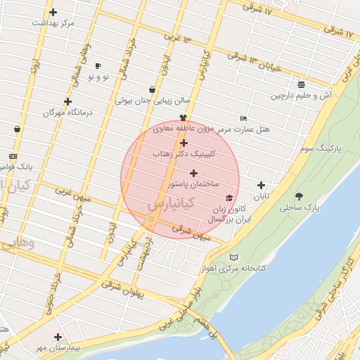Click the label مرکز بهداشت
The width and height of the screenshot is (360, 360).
tap(53, 23)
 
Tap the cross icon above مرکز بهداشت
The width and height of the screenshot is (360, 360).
tap(53, 12)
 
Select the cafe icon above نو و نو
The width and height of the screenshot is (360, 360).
tap(97, 65)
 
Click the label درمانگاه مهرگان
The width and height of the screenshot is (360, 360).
tap(68, 112)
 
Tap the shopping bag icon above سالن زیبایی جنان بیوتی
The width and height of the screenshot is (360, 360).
tap(153, 89)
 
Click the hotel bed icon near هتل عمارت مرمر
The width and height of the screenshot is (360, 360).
tap(243, 118)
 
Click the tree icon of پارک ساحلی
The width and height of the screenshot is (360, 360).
tap(300, 196)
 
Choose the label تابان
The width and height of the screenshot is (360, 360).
tap(262, 196)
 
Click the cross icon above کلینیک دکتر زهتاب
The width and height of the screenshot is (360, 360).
tap(184, 143)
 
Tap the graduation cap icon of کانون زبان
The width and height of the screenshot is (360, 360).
tap(229, 199)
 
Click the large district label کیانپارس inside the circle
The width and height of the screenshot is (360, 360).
tap(169, 205)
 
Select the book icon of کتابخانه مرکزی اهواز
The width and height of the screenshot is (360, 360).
tap(234, 257)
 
